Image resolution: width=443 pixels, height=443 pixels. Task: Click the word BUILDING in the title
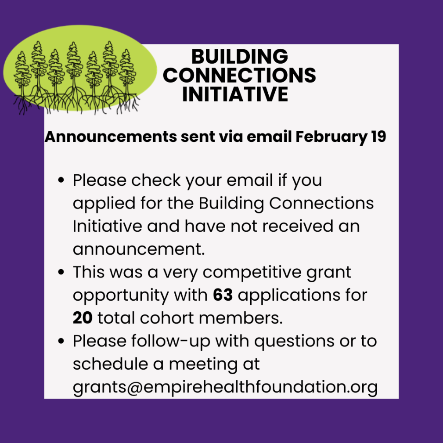(240, 56)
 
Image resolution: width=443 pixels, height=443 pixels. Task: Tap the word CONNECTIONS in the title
(239, 75)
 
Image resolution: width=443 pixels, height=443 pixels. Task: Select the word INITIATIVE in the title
(235, 94)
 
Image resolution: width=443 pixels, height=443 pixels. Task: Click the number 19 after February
(378, 137)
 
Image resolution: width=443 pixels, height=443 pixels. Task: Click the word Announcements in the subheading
(111, 137)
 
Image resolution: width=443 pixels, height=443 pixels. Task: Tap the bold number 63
(223, 295)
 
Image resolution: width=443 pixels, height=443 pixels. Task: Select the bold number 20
(83, 318)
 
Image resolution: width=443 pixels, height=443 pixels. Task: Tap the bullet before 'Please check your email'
(61, 180)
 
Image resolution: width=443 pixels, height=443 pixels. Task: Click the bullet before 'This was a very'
(61, 272)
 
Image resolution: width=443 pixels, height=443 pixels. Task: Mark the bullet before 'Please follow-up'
(61, 341)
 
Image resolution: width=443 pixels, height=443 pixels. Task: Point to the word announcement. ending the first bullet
(139, 249)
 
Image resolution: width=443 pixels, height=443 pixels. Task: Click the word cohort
(167, 318)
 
